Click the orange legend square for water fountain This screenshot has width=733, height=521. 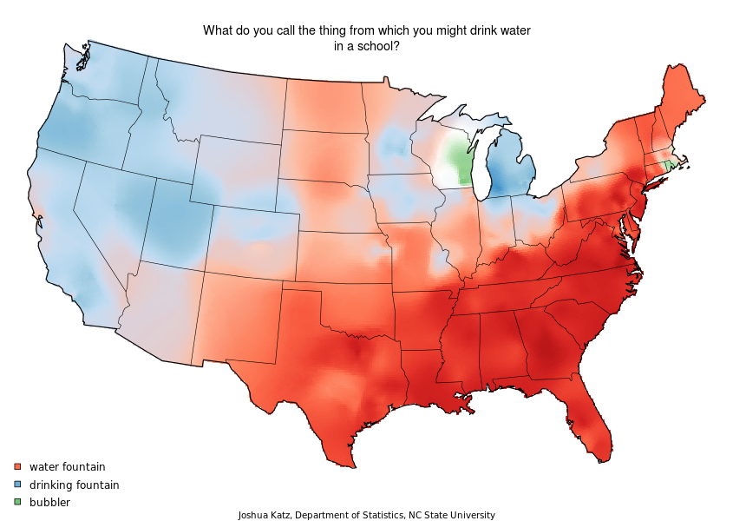pyautogui.click(x=16, y=467)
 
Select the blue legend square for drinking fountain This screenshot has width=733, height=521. pyautogui.click(x=16, y=485)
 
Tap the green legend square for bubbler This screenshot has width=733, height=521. pyautogui.click(x=16, y=502)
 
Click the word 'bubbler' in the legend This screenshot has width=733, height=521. pyautogui.click(x=49, y=502)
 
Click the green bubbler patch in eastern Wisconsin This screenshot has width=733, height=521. pyautogui.click(x=457, y=161)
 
